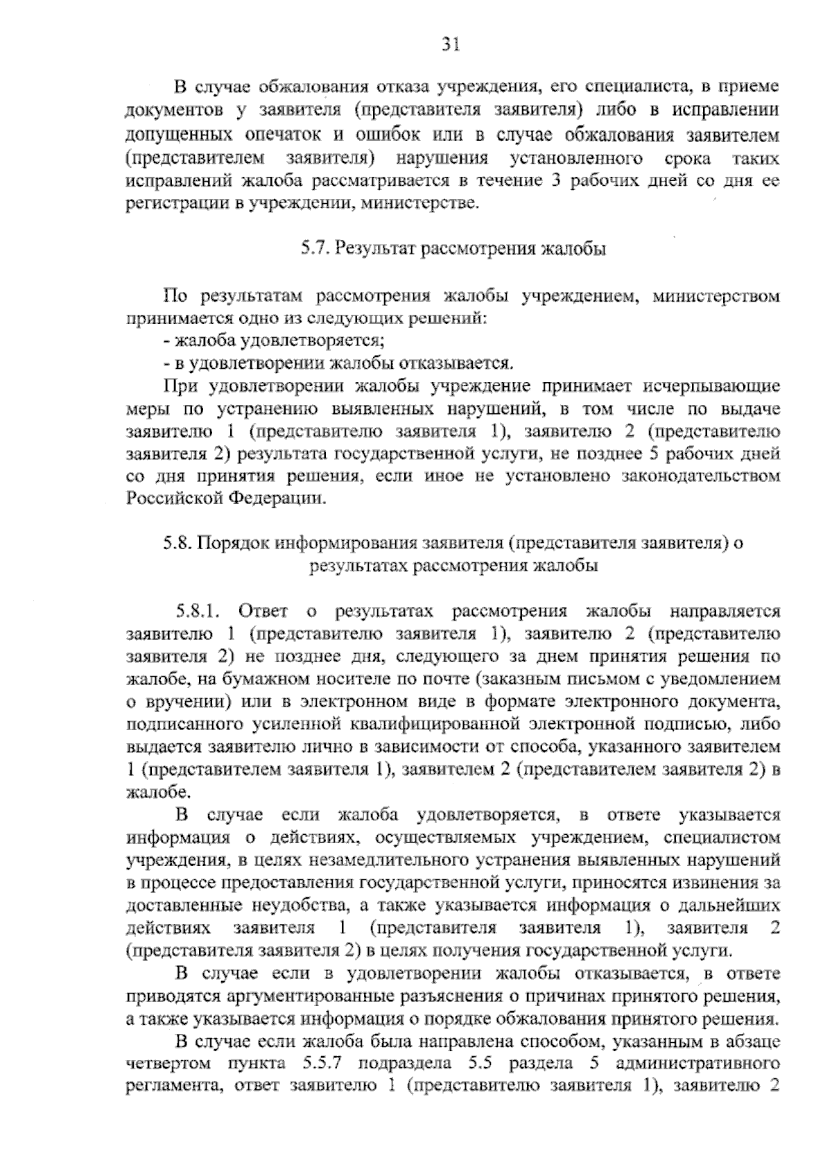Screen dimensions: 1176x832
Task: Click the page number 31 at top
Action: click(451, 46)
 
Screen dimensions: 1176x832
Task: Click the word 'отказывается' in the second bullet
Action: click(467, 363)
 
